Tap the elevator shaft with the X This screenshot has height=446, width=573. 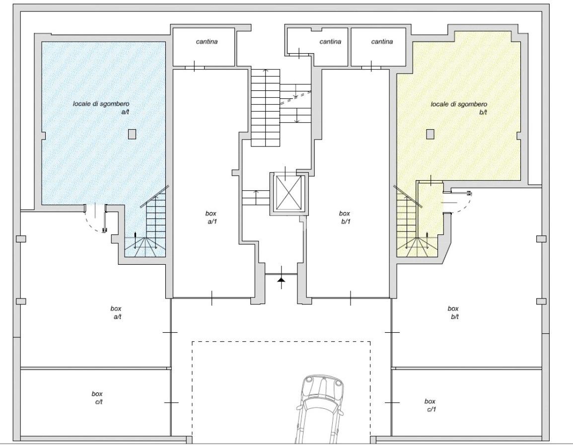pyautogui.click(x=289, y=194)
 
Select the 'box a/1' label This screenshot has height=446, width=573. pyautogui.click(x=211, y=218)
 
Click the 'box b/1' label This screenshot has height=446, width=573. pyautogui.click(x=345, y=218)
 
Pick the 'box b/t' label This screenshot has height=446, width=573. pyautogui.click(x=453, y=313)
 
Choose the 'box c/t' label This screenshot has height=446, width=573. pyautogui.click(x=97, y=398)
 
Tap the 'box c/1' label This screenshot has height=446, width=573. pyautogui.click(x=430, y=405)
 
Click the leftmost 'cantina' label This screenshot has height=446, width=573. pyautogui.click(x=207, y=42)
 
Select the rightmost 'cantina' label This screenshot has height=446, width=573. pyautogui.click(x=382, y=42)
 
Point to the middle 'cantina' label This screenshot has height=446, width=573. pyautogui.click(x=330, y=42)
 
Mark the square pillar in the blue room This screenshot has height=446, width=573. pyautogui.click(x=132, y=134)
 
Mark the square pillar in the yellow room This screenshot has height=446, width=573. pyautogui.click(x=430, y=134)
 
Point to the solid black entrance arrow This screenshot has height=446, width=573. pyautogui.click(x=281, y=279)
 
